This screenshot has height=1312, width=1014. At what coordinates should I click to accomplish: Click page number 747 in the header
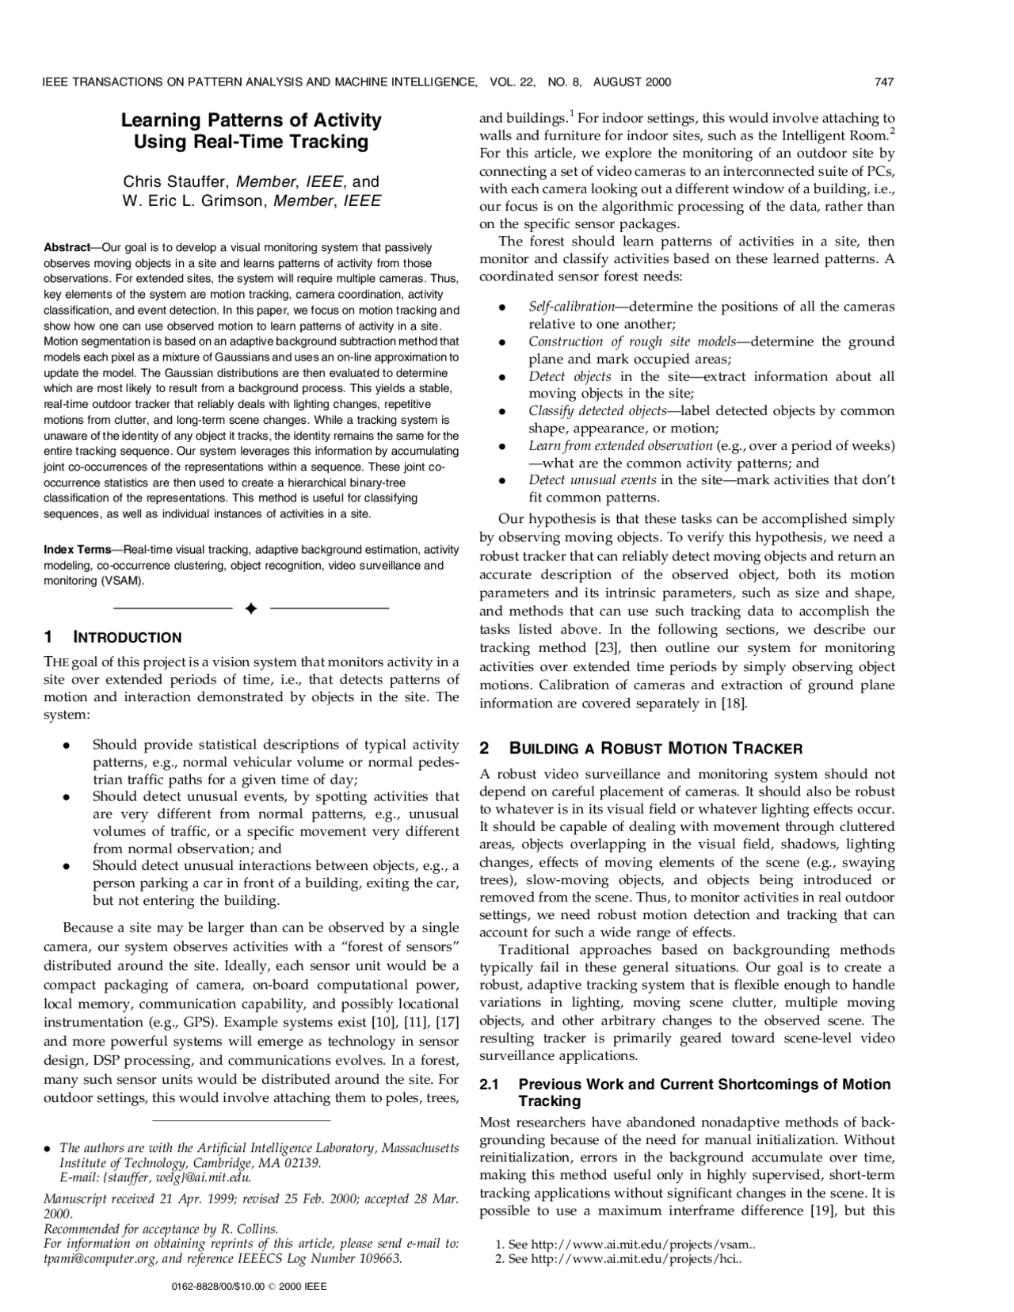click(x=884, y=82)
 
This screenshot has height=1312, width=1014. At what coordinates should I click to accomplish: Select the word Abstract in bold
click(x=66, y=248)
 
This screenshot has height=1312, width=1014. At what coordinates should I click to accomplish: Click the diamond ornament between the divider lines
click(x=250, y=608)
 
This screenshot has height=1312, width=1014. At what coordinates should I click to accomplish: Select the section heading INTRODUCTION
click(x=128, y=638)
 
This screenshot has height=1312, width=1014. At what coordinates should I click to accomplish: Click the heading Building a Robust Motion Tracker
click(x=656, y=749)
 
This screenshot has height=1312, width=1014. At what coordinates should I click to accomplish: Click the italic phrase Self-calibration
click(x=571, y=307)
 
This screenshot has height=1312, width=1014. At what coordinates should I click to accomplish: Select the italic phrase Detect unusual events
click(x=592, y=480)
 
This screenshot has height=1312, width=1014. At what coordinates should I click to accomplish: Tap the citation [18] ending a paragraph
click(x=734, y=704)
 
